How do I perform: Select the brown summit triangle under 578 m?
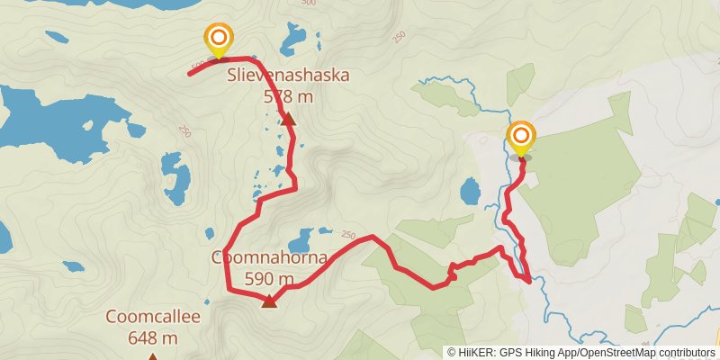(x=288, y=119)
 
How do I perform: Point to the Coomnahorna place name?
(x=267, y=257)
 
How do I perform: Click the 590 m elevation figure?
(x=267, y=277)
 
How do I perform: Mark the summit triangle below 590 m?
(x=269, y=301)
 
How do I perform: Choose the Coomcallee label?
(x=152, y=317)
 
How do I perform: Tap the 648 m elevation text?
(x=152, y=337)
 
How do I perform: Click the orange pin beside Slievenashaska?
(x=219, y=39)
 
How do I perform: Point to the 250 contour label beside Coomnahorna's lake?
(x=348, y=235)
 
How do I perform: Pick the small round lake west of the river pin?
(x=470, y=191)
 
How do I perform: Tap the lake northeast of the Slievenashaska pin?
(x=292, y=40)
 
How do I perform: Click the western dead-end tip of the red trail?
(x=189, y=73)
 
